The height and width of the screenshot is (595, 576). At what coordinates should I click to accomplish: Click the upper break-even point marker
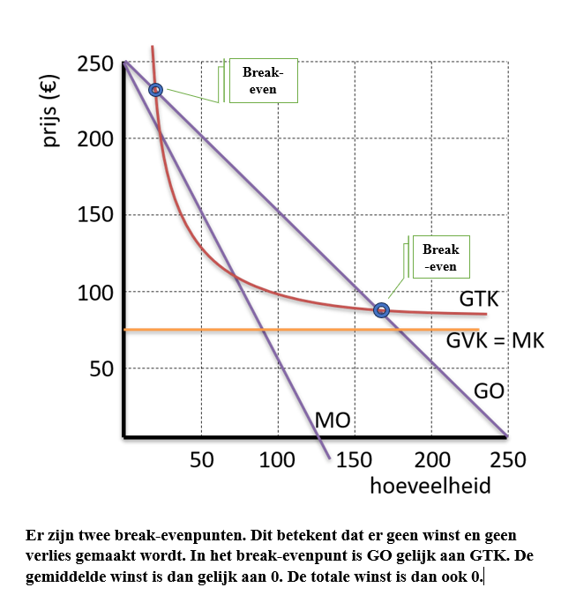(156, 90)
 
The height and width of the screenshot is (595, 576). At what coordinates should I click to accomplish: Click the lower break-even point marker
(381, 310)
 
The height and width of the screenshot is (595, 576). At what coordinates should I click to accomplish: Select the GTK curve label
(479, 300)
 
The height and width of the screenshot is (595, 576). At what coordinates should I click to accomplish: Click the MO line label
(333, 421)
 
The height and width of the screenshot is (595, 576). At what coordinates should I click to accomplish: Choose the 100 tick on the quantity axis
(278, 460)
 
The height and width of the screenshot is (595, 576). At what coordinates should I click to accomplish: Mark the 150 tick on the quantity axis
(355, 460)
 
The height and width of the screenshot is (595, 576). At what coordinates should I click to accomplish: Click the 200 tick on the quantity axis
(431, 460)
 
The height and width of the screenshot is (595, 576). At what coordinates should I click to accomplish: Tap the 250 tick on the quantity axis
(507, 460)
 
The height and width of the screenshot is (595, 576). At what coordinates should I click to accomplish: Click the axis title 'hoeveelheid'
(430, 486)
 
